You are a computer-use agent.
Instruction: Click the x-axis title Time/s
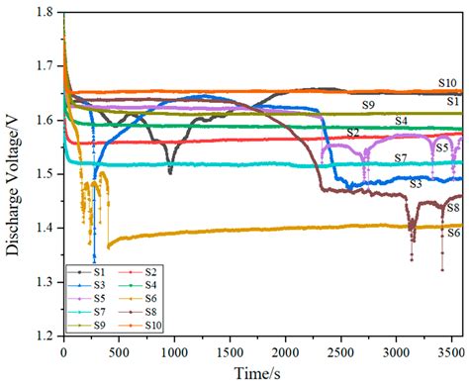(x=262, y=374)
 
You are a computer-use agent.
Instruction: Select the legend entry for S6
(x=161, y=297)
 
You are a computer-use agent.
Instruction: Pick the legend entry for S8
(x=161, y=311)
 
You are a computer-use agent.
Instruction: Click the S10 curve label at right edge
(x=448, y=83)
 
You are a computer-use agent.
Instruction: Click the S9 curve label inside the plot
(x=367, y=104)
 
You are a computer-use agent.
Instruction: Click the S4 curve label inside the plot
(x=402, y=121)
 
